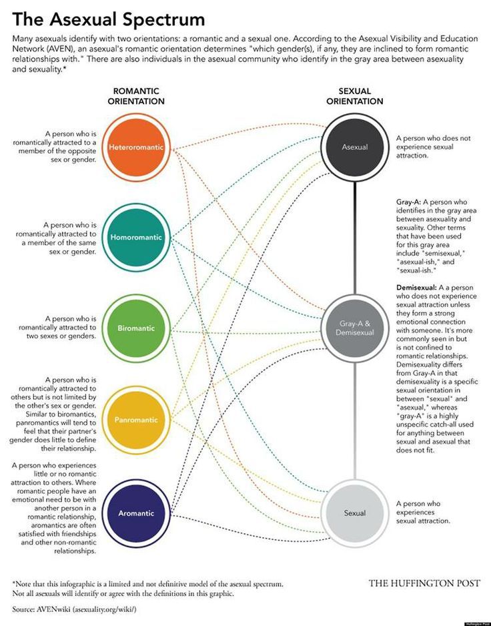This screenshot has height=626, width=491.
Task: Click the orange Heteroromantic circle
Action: [136, 147]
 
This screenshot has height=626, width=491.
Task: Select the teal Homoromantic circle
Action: [136, 237]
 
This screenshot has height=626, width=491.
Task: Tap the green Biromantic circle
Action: [136, 328]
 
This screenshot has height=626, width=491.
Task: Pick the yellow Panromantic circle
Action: [136, 420]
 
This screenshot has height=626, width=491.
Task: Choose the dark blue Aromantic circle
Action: [136, 513]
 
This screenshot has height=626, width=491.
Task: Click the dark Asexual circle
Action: [355, 147]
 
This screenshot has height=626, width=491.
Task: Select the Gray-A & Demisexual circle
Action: [355, 328]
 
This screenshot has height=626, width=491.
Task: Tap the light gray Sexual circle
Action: [355, 513]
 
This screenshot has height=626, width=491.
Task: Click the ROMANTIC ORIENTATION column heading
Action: [136, 96]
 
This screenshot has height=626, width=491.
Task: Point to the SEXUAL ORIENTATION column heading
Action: [355, 96]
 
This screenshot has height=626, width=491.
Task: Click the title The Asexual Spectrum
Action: [109, 19]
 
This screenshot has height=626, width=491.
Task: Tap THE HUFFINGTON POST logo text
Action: [424, 583]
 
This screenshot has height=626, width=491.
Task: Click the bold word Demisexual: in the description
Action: [416, 288]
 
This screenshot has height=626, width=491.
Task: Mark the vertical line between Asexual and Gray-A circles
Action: [355, 238]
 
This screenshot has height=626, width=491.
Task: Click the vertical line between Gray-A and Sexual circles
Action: [355, 421]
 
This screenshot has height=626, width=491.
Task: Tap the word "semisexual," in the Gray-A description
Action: [432, 253]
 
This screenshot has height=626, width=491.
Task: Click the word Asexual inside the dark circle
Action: [355, 147]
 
